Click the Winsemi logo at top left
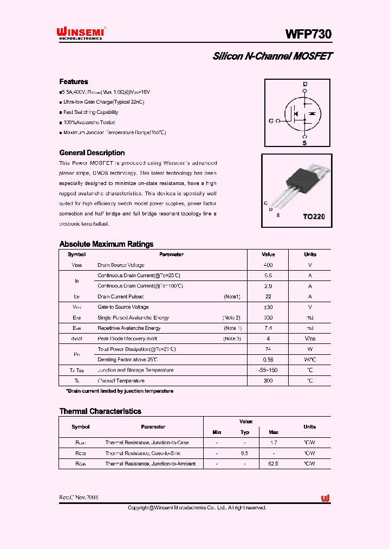pos(81,34)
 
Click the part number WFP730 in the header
pos(308,34)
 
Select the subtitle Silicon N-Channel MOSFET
pos(272,56)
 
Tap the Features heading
pos(74,81)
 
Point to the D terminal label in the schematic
pos(305,84)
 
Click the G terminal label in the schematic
pos(271,121)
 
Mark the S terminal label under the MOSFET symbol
pos(304,143)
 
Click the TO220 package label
pos(314,216)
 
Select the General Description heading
pos(92,153)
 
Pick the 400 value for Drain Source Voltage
pos(268,265)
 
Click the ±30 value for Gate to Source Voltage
pos(268,307)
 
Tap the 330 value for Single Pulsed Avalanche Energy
pos(268,317)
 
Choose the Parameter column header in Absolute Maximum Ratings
pos(171,254)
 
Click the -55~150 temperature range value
pos(268,370)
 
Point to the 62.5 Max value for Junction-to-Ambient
pos(274,464)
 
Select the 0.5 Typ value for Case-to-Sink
pos(245,453)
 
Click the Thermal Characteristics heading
pos(100,411)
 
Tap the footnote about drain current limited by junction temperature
pos(119,391)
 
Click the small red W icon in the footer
pos(325,499)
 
